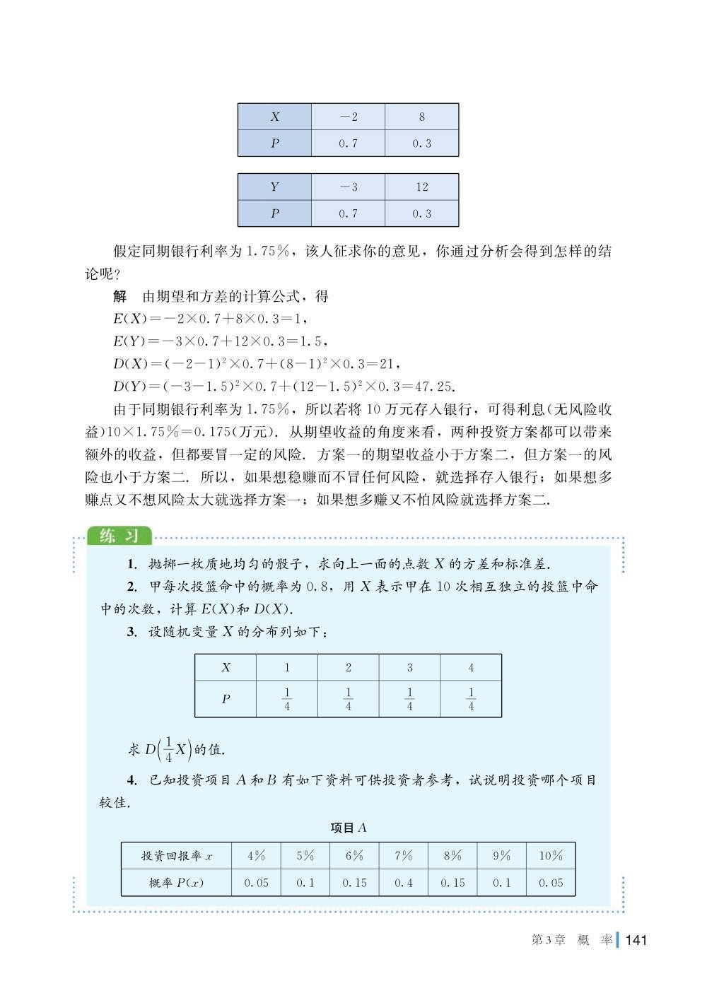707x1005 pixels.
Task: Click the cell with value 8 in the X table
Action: tap(421, 117)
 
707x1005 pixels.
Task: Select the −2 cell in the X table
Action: tap(348, 117)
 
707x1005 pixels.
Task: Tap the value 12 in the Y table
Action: tap(421, 187)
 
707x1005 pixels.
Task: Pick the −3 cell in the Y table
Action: tap(348, 187)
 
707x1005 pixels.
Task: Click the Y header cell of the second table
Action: tap(274, 187)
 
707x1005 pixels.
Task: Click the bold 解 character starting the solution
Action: tap(119, 297)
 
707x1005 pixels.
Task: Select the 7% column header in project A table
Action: tap(403, 856)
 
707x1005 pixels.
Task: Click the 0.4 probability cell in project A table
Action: tap(403, 883)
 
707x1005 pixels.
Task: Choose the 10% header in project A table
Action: tap(551, 856)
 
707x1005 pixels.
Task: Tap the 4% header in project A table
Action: tap(256, 856)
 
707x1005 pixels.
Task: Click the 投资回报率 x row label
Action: tap(177, 856)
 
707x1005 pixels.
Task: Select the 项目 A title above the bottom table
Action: tap(349, 828)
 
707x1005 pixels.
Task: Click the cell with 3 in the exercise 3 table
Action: tap(409, 667)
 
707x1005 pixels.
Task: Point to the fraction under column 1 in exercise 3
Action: tap(287, 699)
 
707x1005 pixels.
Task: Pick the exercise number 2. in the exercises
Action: tap(132, 587)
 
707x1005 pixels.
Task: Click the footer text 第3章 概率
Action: tap(571, 940)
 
